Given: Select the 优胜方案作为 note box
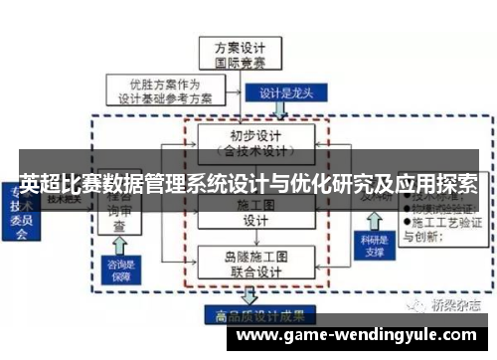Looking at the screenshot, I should click(164, 90).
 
